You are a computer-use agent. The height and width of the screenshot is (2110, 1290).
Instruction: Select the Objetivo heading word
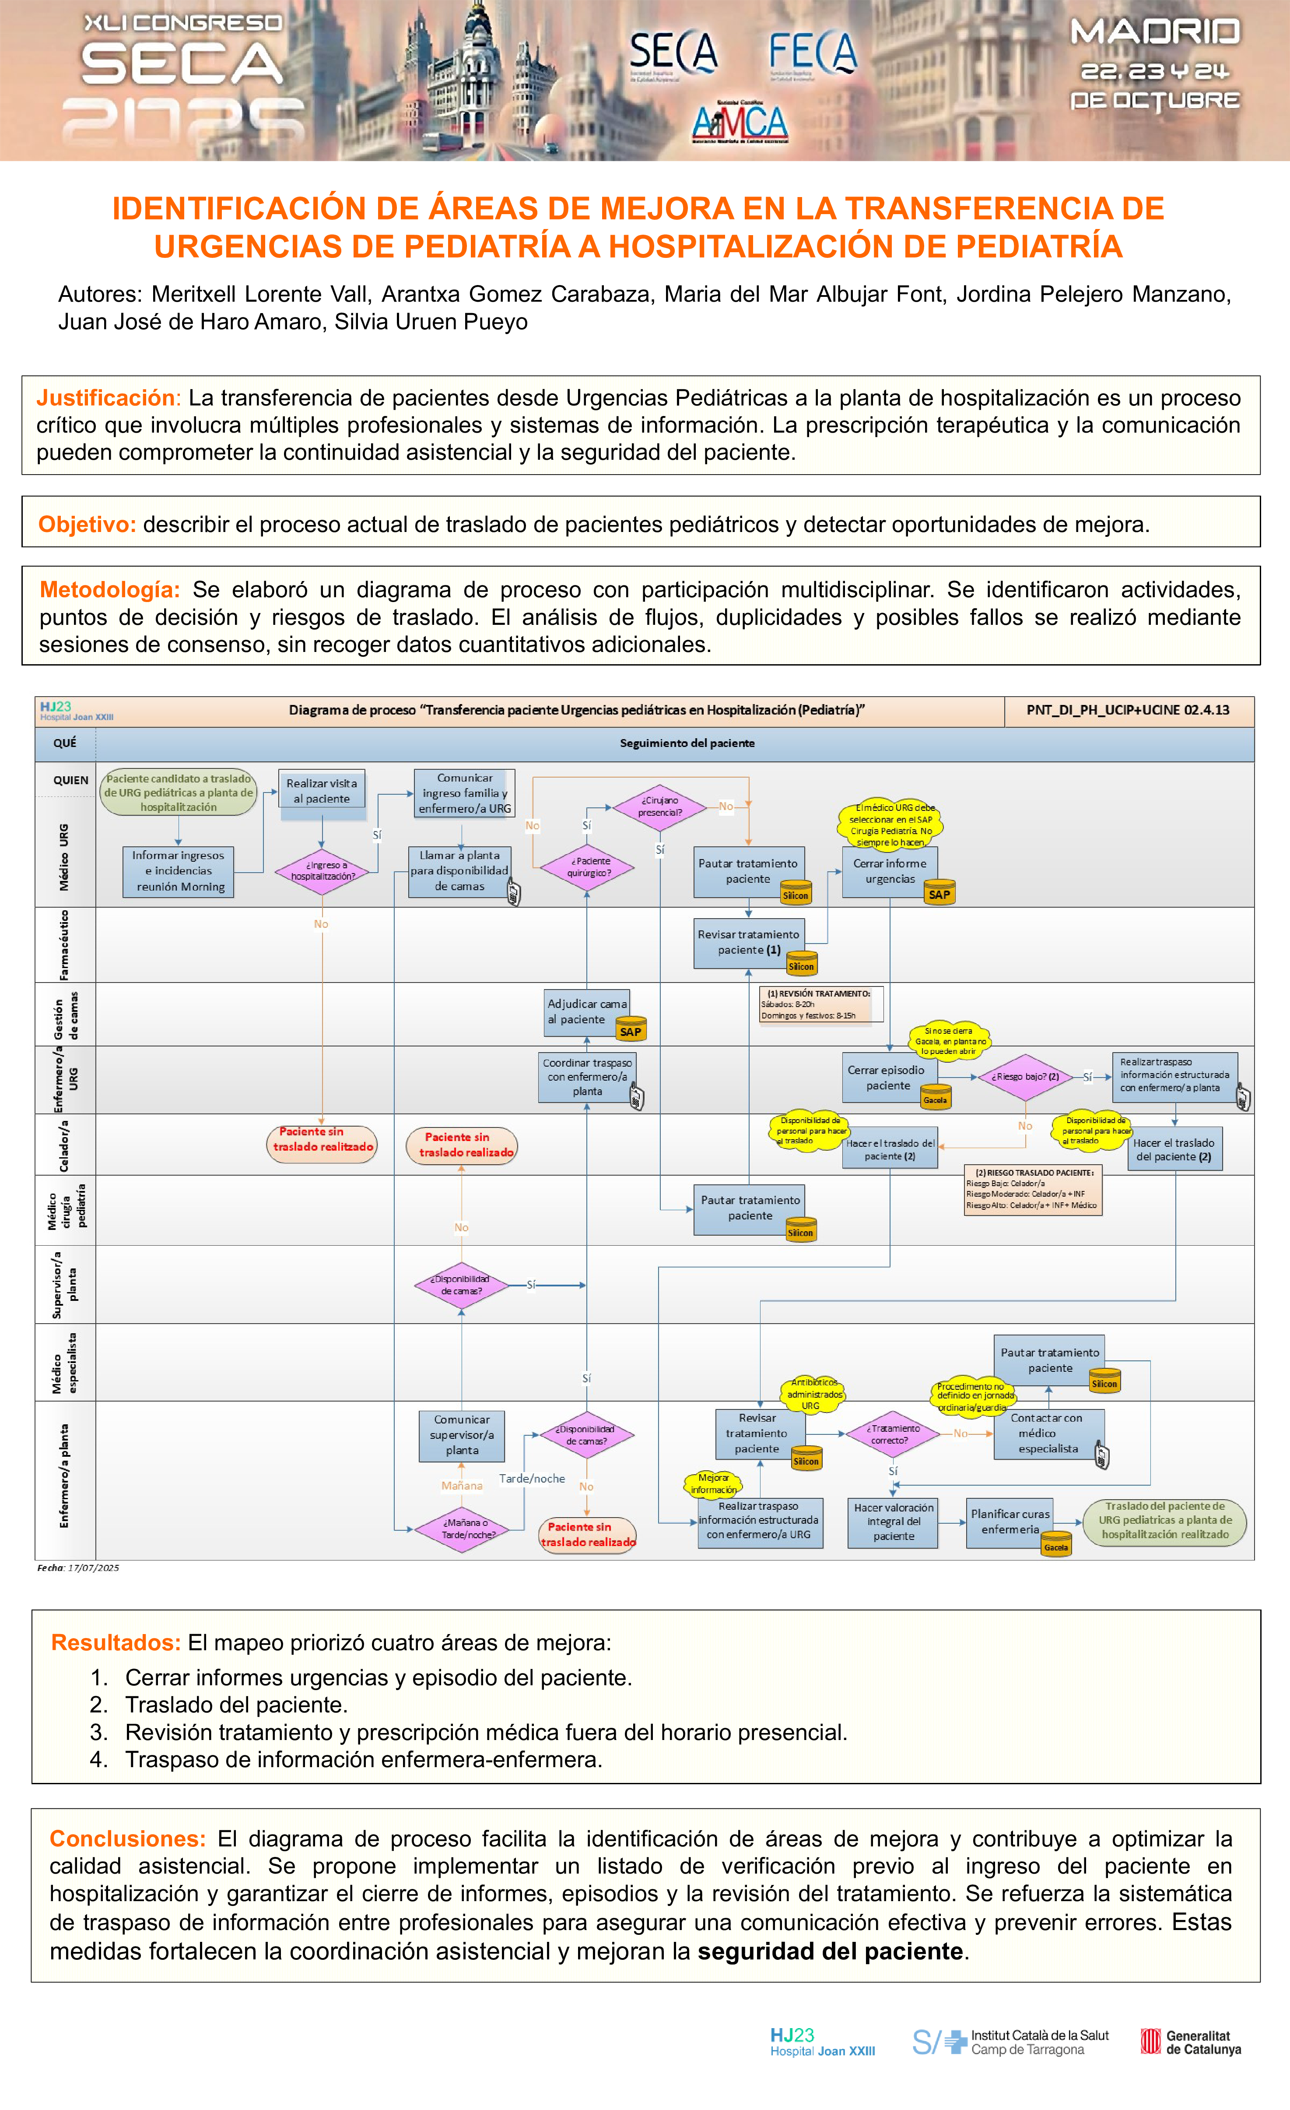87,524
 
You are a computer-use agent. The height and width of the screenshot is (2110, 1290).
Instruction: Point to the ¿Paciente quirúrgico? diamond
587,867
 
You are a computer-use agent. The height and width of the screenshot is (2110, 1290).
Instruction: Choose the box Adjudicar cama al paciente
587,1011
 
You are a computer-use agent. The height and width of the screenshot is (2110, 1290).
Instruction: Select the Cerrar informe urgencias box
889,871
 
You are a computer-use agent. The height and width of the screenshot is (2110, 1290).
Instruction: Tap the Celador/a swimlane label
64,1145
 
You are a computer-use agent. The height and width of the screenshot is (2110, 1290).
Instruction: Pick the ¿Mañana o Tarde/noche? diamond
462,1529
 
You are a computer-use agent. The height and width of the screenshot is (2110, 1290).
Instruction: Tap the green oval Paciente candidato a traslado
179,792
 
